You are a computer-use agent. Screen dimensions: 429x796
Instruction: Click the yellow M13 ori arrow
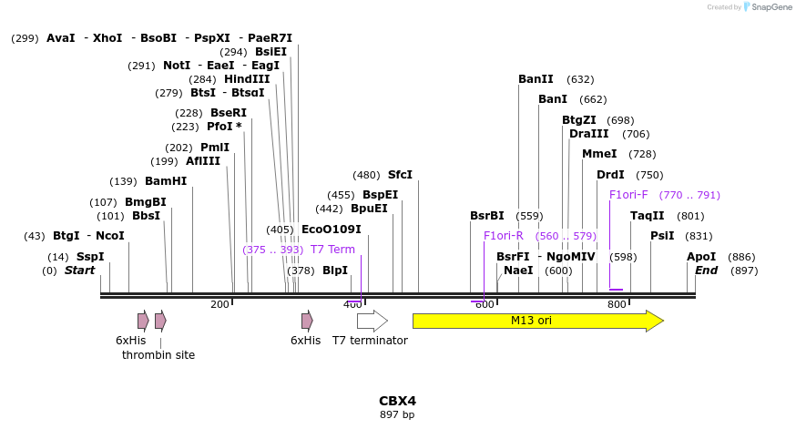[x=537, y=321]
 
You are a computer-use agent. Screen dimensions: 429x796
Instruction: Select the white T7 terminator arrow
[x=372, y=321]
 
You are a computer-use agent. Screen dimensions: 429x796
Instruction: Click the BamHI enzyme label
[x=166, y=181]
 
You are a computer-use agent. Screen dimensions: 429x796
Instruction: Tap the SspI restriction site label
[x=90, y=257]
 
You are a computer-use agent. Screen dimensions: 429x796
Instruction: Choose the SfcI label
[x=400, y=175]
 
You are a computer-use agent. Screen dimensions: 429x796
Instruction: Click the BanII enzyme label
[x=536, y=79]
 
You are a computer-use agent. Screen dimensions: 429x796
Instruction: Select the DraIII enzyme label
[x=588, y=134]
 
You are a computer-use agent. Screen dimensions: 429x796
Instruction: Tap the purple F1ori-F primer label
[x=628, y=194]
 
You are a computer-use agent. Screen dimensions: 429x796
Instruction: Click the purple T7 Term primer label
[x=332, y=250]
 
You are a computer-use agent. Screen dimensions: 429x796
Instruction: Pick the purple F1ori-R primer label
[x=504, y=236]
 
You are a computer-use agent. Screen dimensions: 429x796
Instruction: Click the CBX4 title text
[x=397, y=401]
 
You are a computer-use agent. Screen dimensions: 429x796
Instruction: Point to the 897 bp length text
[x=397, y=415]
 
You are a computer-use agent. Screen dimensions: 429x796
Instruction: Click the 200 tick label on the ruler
[x=219, y=304]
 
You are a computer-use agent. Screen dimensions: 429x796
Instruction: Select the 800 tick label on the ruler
[x=617, y=304]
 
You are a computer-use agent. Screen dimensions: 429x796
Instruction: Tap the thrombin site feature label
[x=158, y=354]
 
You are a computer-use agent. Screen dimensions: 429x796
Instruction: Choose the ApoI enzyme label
[x=701, y=257]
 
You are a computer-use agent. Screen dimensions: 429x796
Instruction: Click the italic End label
[x=707, y=271]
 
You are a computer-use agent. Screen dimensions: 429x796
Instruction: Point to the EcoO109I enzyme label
[x=332, y=230]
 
